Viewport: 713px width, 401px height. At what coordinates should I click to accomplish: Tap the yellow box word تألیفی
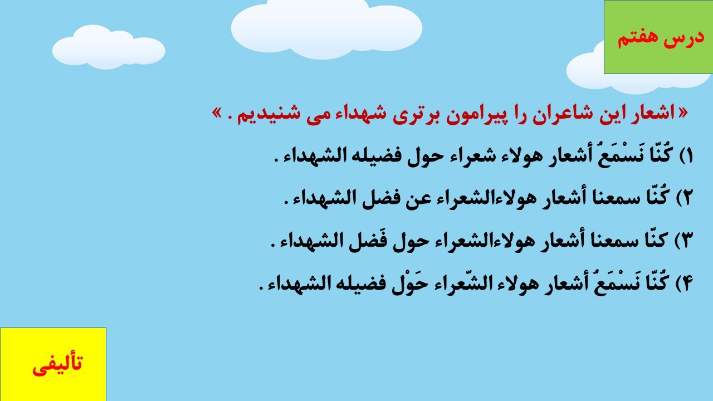pyautogui.click(x=57, y=365)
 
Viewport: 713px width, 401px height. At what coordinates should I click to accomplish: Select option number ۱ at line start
pyautogui.click(x=687, y=157)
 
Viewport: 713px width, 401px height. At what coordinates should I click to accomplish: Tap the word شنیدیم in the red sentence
pyautogui.click(x=271, y=115)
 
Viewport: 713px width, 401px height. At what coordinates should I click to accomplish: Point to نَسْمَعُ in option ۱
pyautogui.click(x=623, y=156)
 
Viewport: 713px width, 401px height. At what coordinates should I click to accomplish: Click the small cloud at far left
pyautogui.click(x=109, y=47)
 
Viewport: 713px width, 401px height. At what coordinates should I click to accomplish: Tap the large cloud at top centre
pyautogui.click(x=326, y=28)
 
